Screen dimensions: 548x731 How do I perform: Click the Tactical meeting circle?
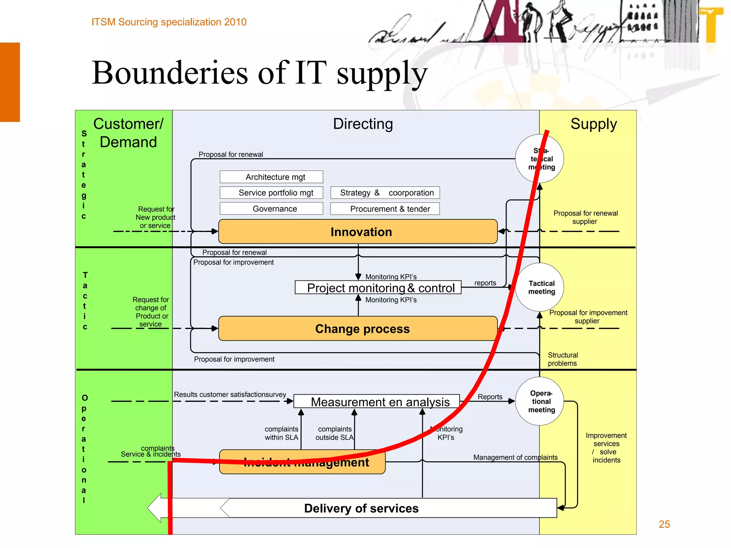541,288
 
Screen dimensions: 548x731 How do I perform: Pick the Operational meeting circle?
541,401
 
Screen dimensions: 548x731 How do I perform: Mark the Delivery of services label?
361,508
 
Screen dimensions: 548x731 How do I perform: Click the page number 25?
664,524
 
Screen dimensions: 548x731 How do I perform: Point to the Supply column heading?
594,124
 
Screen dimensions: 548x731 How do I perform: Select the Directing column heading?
363,124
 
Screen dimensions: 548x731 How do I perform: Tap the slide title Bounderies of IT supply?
259,73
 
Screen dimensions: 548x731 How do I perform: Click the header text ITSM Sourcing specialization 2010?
169,22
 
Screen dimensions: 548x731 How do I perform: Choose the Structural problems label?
563,359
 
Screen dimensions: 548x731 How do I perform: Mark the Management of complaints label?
515,457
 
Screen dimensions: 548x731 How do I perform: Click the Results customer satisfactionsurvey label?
230,395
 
